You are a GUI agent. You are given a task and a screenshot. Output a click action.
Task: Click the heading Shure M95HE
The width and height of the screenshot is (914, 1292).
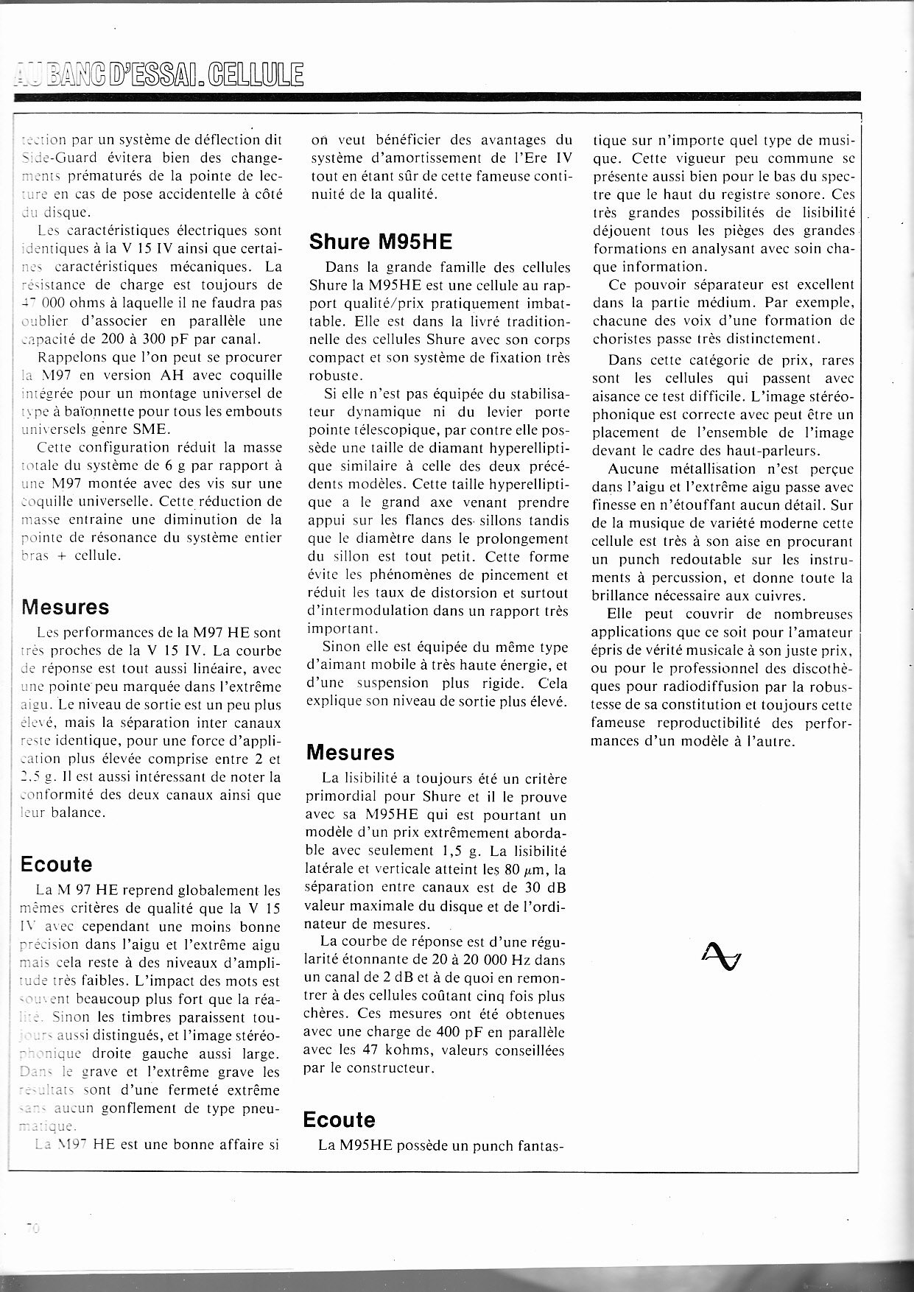pos(380,241)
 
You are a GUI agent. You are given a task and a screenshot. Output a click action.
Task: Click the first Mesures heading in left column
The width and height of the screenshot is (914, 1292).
pos(66,607)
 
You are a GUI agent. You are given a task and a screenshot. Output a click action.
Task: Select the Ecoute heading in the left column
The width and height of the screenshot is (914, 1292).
pos(57,864)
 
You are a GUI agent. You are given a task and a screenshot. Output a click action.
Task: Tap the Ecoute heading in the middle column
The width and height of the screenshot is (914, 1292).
pos(339,1120)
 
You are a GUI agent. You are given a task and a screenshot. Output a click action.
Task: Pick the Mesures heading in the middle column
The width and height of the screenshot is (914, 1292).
pos(350,753)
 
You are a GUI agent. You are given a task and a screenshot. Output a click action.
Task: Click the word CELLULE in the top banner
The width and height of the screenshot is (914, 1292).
pos(256,75)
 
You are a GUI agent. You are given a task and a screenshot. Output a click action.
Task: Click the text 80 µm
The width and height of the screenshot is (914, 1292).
pos(520,869)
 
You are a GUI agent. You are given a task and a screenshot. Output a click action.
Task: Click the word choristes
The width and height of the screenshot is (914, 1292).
pos(623,339)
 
